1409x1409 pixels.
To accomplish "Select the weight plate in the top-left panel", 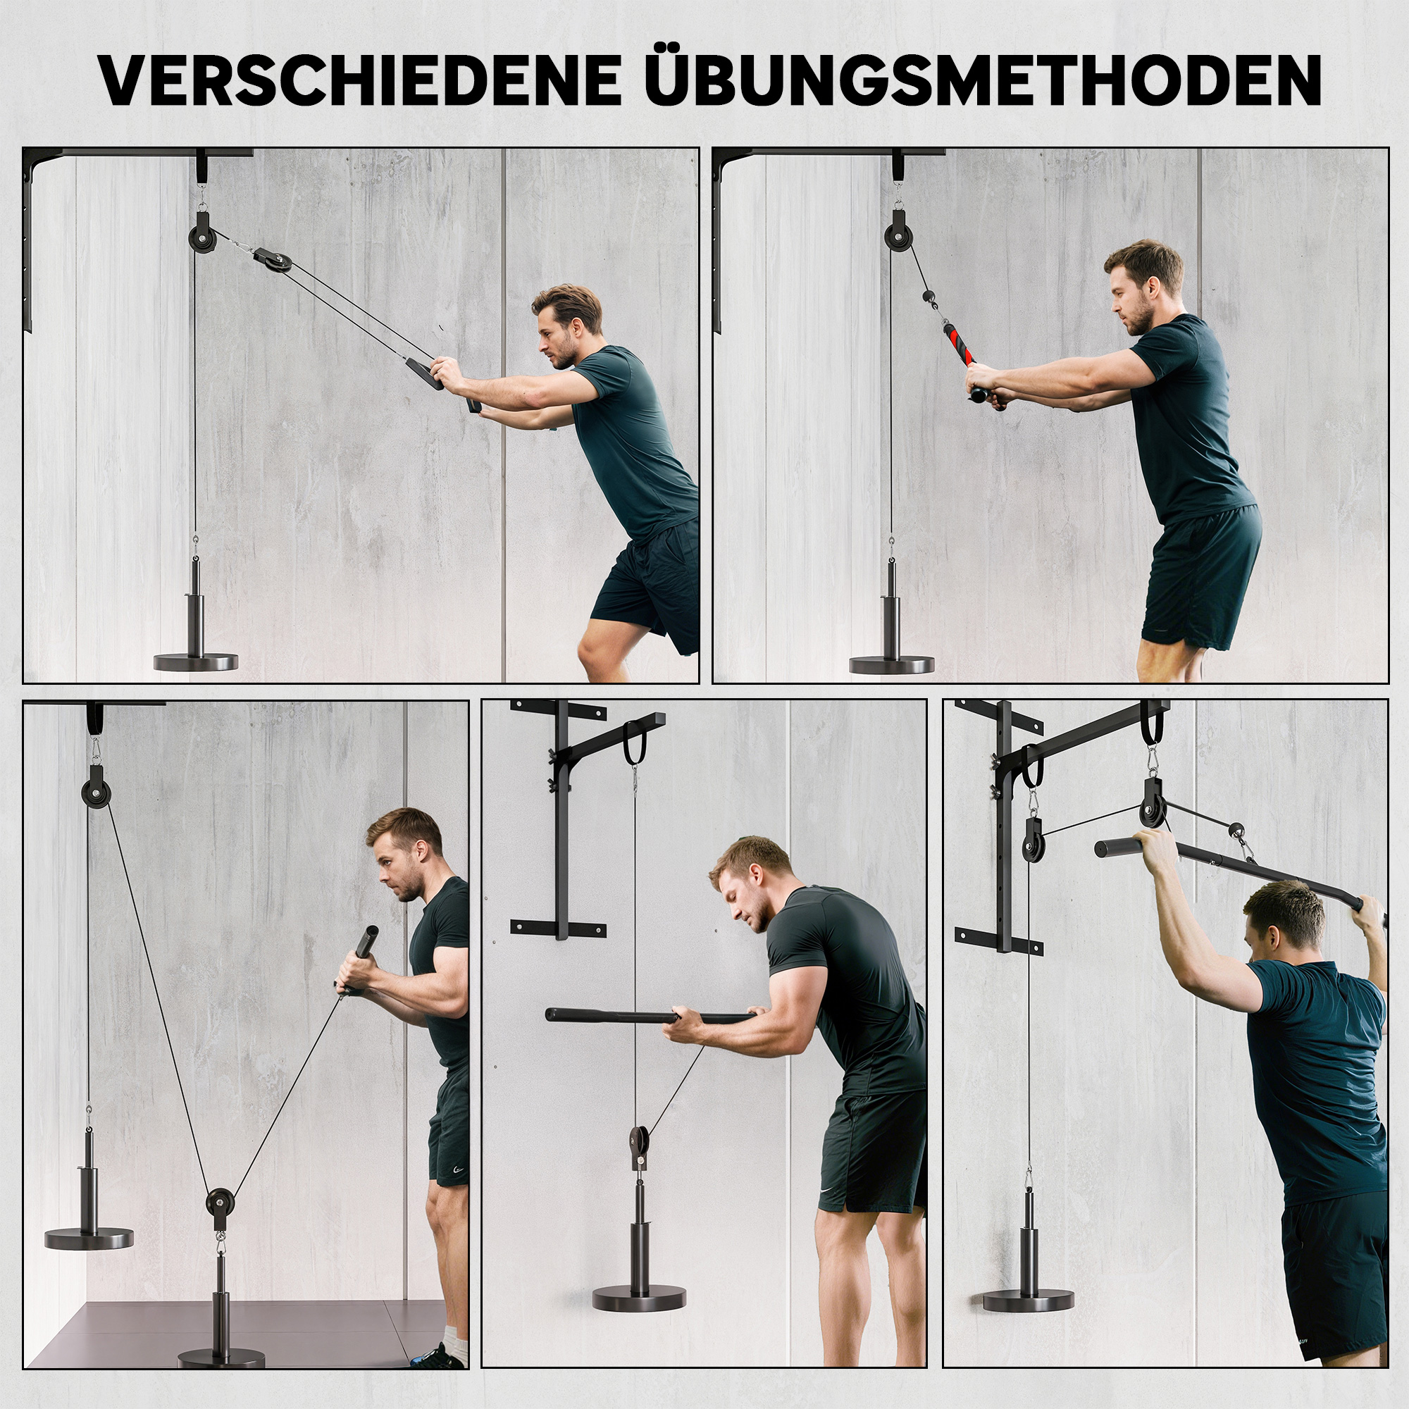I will coord(195,662).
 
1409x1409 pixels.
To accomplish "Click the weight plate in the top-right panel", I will coord(891,664).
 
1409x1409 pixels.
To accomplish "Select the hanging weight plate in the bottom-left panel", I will coord(89,1238).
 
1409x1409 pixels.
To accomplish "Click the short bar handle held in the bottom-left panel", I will coord(362,961).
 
